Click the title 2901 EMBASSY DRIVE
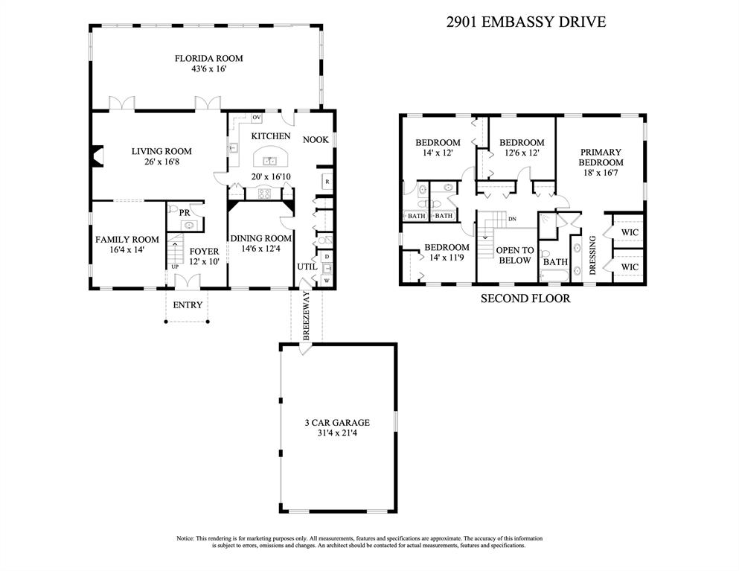[526, 22]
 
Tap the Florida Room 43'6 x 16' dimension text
[208, 68]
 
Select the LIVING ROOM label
[161, 151]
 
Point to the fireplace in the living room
[97, 156]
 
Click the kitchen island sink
[269, 161]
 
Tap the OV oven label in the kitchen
[257, 118]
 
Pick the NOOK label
[316, 139]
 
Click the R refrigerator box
[327, 182]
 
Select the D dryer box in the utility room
[327, 257]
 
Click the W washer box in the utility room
[327, 281]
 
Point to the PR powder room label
[185, 213]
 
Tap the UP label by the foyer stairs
[175, 267]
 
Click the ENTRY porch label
[188, 305]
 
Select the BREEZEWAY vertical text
[307, 316]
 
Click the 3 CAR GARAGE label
[337, 422]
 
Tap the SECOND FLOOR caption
[525, 298]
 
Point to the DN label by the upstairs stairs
[512, 219]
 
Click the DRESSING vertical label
[593, 255]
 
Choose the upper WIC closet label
[630, 232]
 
